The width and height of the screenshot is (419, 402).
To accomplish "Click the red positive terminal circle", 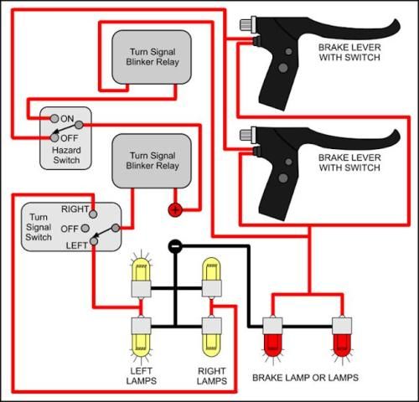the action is [x=175, y=210].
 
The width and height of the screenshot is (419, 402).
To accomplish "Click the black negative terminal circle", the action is [x=175, y=246].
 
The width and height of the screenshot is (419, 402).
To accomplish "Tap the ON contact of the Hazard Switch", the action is [x=54, y=118].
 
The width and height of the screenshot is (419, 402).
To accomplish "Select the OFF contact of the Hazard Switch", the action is [x=54, y=137].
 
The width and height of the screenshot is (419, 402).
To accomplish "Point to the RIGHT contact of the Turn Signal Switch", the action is [x=93, y=214].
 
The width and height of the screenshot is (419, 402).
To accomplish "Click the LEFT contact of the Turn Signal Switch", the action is [x=94, y=241].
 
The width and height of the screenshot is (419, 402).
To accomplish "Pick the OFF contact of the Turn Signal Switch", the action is [x=85, y=229].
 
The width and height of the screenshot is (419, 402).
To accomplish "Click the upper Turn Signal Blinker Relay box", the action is [x=152, y=57].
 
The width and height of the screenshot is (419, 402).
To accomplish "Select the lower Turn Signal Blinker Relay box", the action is [x=152, y=161].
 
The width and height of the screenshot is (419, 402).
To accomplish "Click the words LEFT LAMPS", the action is [x=142, y=376].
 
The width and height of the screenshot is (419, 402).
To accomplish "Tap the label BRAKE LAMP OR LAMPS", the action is [x=305, y=378].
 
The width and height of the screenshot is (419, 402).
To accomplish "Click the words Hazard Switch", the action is [x=66, y=155].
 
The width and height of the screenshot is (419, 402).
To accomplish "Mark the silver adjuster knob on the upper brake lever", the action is [x=246, y=24].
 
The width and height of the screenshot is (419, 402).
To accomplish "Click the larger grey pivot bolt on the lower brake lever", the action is [x=283, y=178].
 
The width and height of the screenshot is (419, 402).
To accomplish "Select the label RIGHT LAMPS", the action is [x=212, y=376].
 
